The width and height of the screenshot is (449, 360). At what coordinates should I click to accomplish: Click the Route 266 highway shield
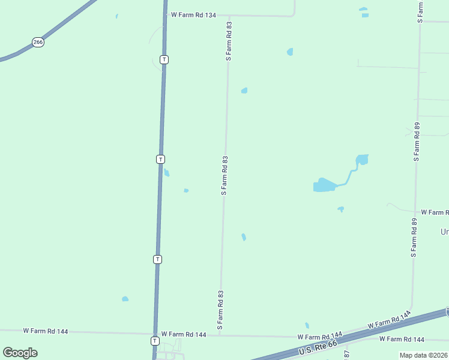click(38, 42)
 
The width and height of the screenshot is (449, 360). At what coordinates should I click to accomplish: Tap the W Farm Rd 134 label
click(193, 14)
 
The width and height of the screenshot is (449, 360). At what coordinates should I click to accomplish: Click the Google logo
click(20, 353)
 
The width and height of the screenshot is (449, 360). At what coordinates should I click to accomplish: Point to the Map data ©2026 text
click(423, 355)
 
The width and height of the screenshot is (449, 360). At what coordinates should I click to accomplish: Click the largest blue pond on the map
click(323, 185)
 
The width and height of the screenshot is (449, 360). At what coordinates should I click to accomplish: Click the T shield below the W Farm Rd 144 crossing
click(155, 341)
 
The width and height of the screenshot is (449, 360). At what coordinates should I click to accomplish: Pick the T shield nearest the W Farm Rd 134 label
click(164, 59)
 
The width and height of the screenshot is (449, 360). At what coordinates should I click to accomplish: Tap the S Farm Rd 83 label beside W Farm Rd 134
click(229, 41)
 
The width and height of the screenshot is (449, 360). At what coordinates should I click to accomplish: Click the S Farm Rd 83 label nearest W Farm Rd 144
click(220, 310)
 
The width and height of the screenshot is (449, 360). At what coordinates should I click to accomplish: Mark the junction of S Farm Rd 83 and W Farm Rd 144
click(220, 335)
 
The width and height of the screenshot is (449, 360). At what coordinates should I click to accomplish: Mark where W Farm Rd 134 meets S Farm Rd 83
click(229, 16)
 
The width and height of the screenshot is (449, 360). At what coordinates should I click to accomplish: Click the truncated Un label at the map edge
click(445, 232)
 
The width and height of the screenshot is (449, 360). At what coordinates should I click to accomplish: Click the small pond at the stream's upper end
click(361, 160)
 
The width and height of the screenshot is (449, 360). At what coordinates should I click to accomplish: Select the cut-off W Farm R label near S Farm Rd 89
click(435, 212)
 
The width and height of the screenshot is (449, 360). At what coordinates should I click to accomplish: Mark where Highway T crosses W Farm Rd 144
click(155, 334)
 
